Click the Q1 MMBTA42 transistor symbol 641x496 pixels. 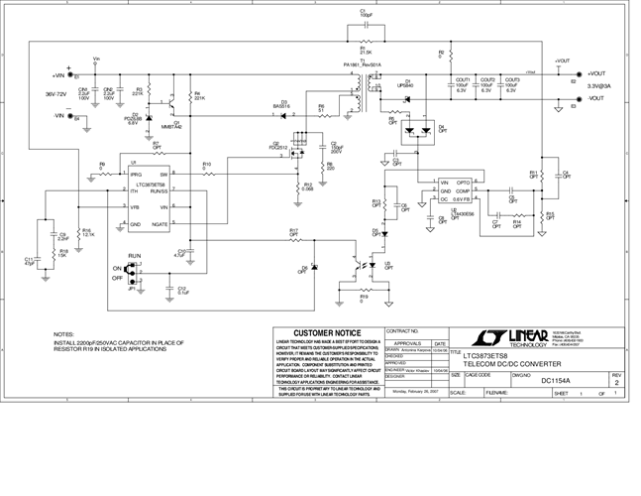[x=172, y=103]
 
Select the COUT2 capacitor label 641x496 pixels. [x=487, y=79]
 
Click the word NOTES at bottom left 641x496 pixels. [x=64, y=334]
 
